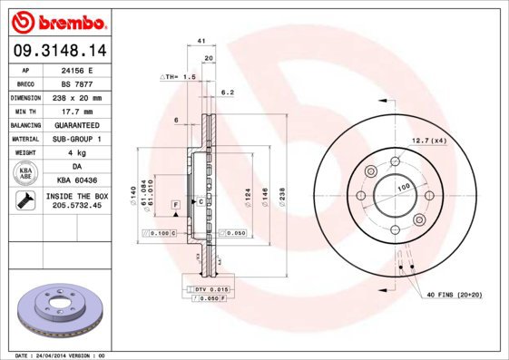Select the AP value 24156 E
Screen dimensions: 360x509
coord(77,69)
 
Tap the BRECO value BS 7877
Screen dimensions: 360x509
coord(77,83)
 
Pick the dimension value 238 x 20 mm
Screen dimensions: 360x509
coord(77,97)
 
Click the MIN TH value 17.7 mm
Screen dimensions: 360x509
coord(77,111)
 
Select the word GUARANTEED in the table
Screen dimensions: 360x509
coord(77,124)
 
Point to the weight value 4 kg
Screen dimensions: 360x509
coord(77,152)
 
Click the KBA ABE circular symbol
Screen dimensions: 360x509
coord(26,173)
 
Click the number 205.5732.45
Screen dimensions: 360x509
coord(77,207)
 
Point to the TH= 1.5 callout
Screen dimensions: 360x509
coord(179,78)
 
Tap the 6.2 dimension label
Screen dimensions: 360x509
coord(228,92)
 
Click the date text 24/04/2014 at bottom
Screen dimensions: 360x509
coord(73,355)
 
